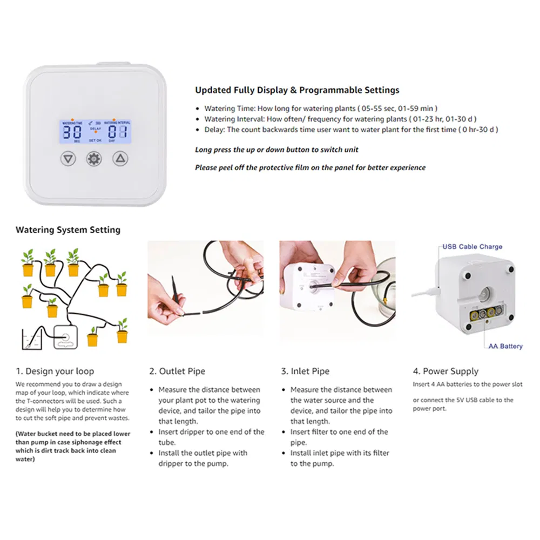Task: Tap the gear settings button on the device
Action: pyautogui.click(x=94, y=159)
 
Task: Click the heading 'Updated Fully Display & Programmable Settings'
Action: pyautogui.click(x=297, y=90)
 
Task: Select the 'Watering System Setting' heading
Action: pyautogui.click(x=68, y=230)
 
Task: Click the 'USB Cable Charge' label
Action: pyautogui.click(x=472, y=247)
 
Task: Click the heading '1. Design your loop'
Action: pyautogui.click(x=55, y=371)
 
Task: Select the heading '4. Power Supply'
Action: pyautogui.click(x=446, y=371)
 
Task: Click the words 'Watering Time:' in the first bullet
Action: pyautogui.click(x=227, y=108)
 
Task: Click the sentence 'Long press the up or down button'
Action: pyautogui.click(x=276, y=150)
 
